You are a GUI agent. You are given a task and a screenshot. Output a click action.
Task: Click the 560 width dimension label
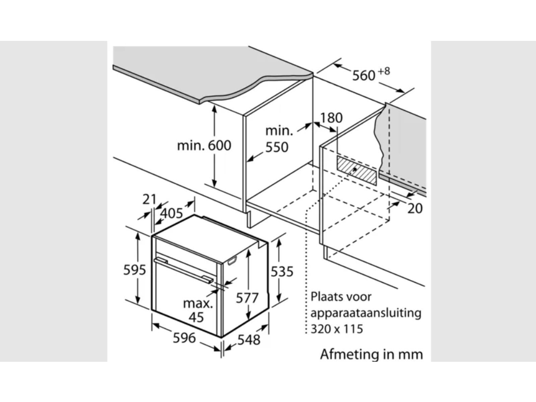[364, 75]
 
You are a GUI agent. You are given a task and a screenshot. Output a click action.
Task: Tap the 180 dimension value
[332, 118]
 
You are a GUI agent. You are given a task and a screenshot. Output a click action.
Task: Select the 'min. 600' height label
[204, 145]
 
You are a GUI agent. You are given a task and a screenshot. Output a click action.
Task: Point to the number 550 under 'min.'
[277, 147]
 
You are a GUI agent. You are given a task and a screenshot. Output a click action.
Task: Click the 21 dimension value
[149, 200]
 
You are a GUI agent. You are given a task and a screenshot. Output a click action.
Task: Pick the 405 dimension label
[172, 213]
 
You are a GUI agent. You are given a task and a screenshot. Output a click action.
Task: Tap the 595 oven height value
[135, 270]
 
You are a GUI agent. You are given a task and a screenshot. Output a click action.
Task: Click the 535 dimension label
[282, 271]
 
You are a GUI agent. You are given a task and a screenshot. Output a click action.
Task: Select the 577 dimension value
[247, 298]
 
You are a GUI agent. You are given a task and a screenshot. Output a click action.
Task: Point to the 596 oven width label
[184, 338]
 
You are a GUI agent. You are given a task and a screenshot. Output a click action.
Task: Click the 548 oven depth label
[249, 340]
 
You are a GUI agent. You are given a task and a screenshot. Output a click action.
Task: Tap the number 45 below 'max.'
[196, 317]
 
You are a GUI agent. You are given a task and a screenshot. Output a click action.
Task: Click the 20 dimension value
[415, 208]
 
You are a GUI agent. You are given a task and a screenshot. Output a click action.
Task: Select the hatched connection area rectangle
[356, 171]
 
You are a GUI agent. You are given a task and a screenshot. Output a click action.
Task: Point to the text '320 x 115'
[337, 329]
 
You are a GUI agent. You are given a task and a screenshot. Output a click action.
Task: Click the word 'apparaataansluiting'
[366, 313]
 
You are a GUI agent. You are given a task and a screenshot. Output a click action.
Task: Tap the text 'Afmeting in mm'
[372, 354]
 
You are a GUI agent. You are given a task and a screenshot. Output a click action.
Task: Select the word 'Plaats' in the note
[323, 297]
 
